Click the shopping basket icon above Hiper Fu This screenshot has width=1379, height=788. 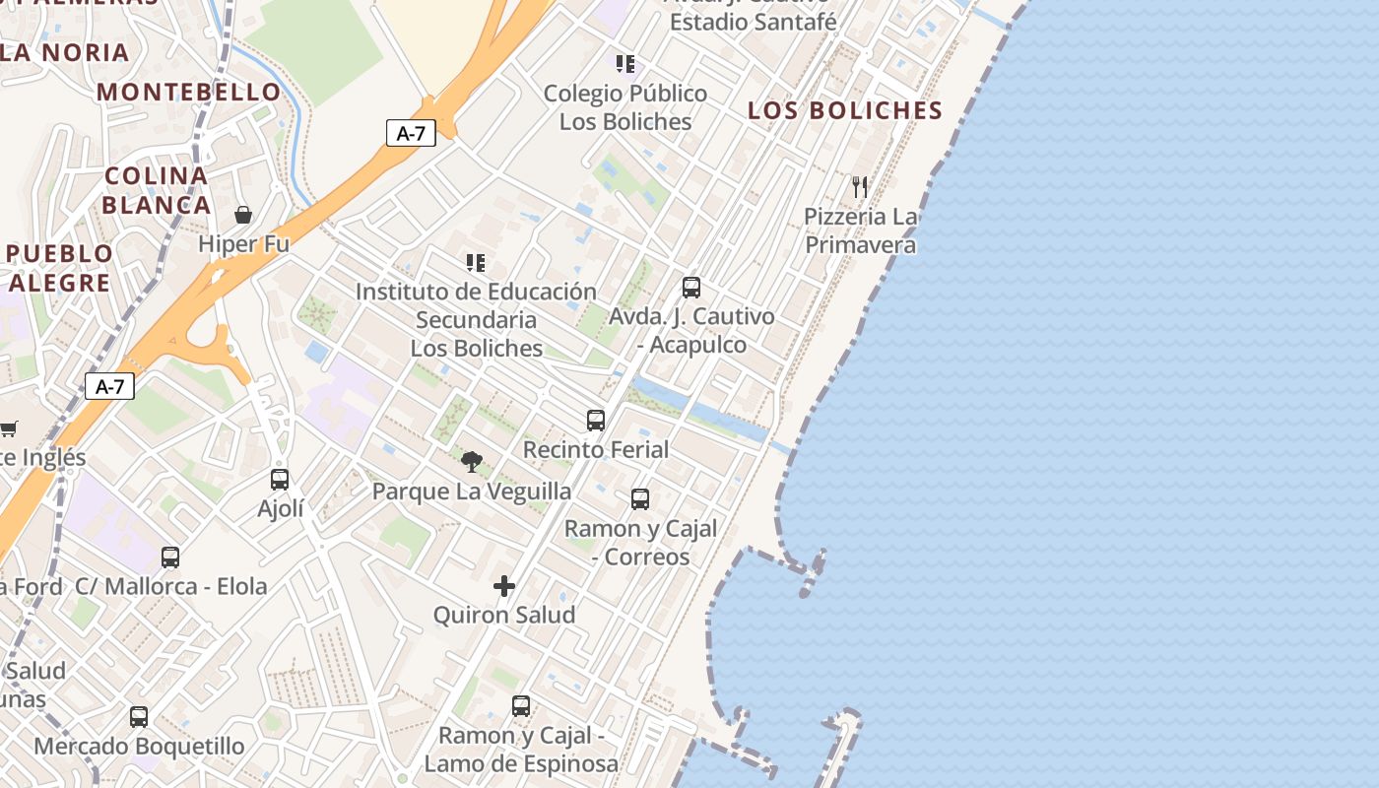click(243, 215)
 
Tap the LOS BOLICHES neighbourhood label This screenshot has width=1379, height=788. click(845, 110)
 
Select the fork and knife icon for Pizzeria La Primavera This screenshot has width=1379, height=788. click(860, 186)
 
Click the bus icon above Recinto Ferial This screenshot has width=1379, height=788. click(595, 421)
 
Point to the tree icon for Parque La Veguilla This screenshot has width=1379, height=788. click(472, 461)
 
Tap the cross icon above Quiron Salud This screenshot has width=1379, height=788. click(504, 586)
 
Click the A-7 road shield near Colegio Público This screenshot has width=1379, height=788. click(411, 133)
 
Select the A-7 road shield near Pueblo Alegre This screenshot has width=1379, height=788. click(109, 386)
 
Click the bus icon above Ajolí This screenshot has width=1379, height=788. click(280, 480)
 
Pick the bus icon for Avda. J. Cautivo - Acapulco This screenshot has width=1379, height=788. click(691, 288)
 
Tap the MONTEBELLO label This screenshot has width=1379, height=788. click(189, 93)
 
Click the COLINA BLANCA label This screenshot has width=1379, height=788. click(157, 190)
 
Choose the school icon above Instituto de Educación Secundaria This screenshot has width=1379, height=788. click(476, 263)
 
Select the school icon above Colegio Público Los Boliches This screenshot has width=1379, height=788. click(625, 64)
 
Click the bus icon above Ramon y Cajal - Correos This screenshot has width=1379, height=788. click(640, 499)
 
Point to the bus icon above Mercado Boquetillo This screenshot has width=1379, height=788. click(139, 717)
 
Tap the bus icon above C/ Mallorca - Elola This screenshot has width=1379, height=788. click(170, 558)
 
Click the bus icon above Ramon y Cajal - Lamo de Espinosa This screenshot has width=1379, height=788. click(521, 706)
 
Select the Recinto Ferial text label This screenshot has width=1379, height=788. click(596, 449)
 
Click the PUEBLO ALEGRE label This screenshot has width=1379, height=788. click(60, 268)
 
